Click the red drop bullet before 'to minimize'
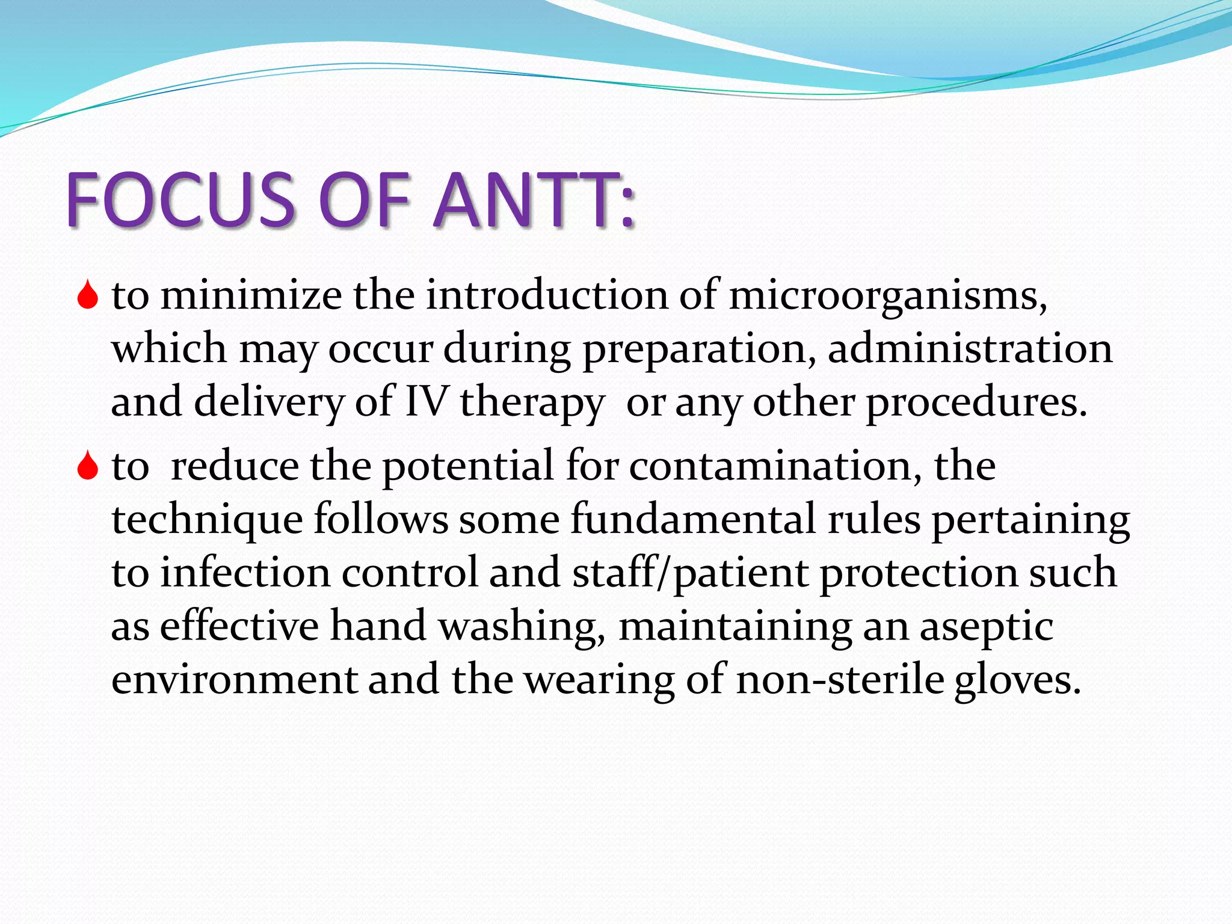(x=88, y=295)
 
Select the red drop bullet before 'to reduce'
(x=88, y=466)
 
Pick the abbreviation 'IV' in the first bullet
(x=426, y=401)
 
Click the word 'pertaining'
(x=1030, y=520)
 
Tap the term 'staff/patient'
(x=690, y=573)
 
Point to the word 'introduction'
(x=547, y=296)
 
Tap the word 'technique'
(x=207, y=520)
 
